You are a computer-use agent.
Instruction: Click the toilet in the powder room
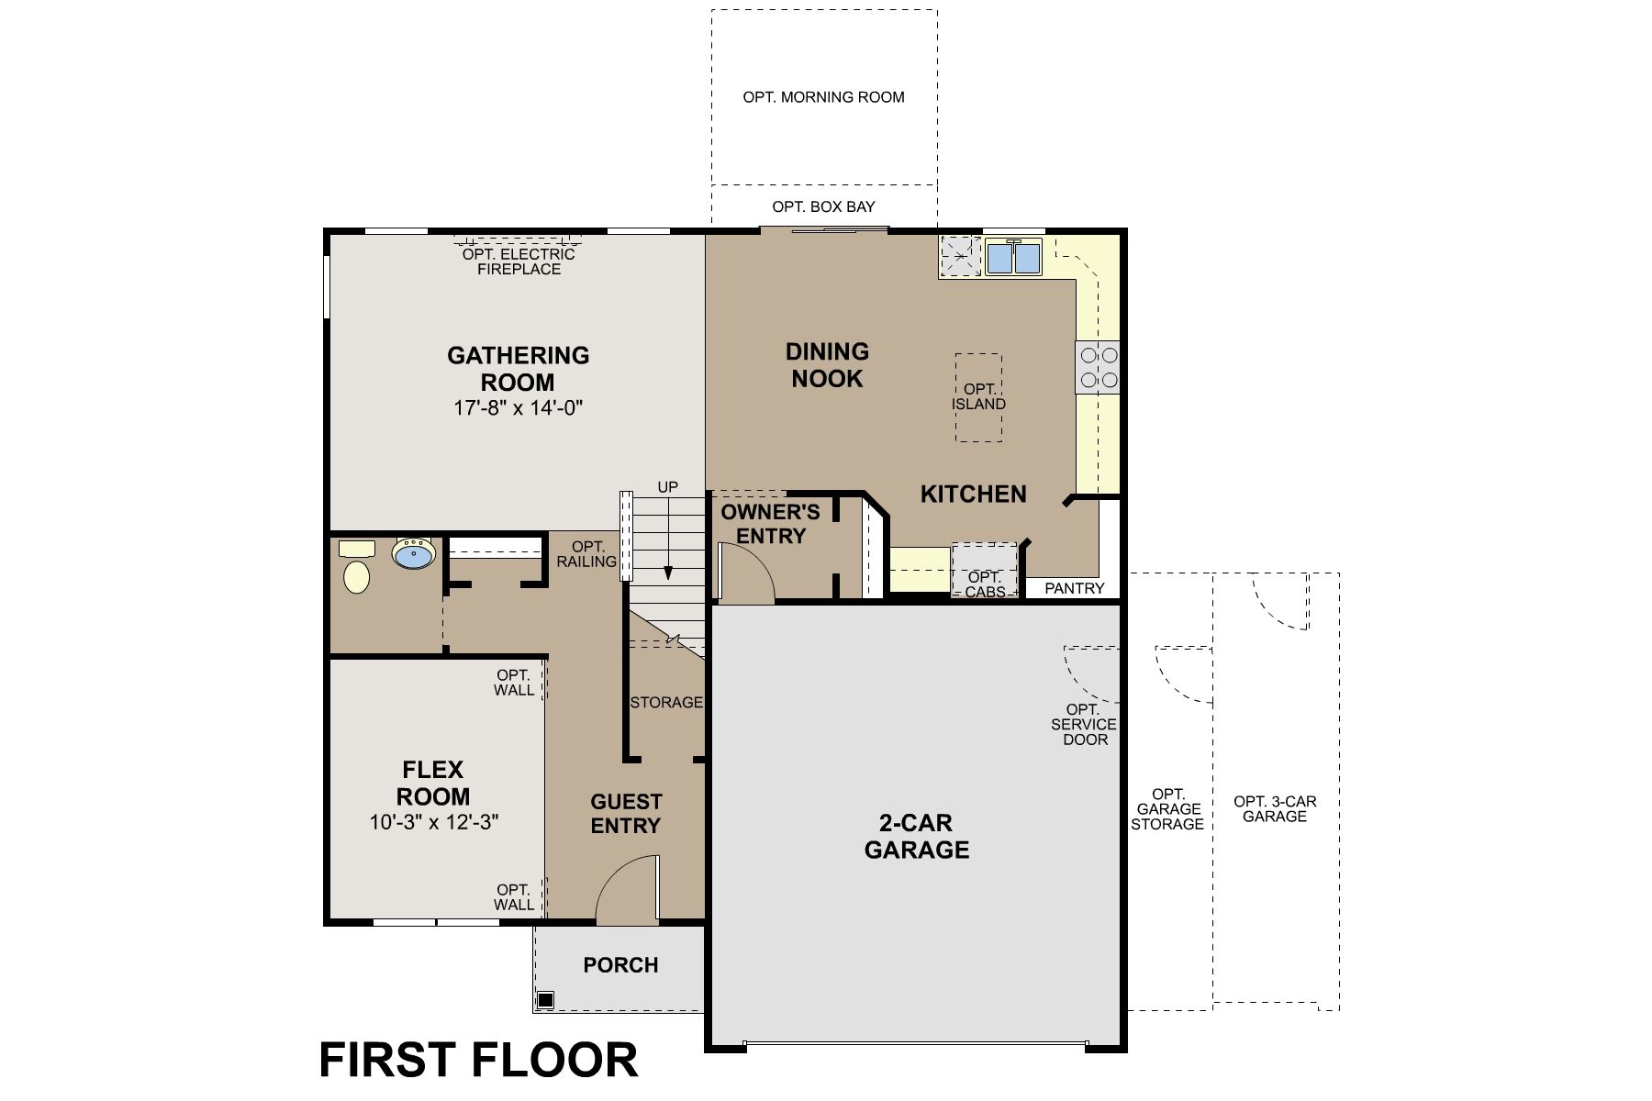tap(356, 575)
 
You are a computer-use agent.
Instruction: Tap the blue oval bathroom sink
tap(414, 554)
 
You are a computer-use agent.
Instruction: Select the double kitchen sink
tap(1013, 258)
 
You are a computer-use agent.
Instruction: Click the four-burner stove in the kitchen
tap(1099, 366)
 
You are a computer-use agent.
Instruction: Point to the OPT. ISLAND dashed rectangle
tap(978, 397)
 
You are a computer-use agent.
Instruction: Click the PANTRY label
tap(1074, 588)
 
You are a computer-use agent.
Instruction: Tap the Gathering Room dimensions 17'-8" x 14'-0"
tap(519, 408)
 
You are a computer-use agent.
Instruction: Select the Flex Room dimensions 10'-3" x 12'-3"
tap(433, 822)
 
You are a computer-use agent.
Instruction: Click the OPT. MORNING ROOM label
tap(823, 97)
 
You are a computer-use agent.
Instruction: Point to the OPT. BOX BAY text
tap(823, 207)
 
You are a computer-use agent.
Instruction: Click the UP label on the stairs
tap(667, 487)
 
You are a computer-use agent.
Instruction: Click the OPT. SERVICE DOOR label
tap(1084, 724)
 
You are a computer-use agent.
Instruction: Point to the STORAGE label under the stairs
tap(666, 703)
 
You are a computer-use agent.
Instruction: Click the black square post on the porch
tap(545, 999)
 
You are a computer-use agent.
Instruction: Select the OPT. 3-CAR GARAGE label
tap(1275, 808)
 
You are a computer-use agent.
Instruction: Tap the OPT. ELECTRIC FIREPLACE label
tap(519, 261)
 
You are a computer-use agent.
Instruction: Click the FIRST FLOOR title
tap(478, 1060)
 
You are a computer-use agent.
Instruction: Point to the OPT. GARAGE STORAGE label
tap(1167, 808)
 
